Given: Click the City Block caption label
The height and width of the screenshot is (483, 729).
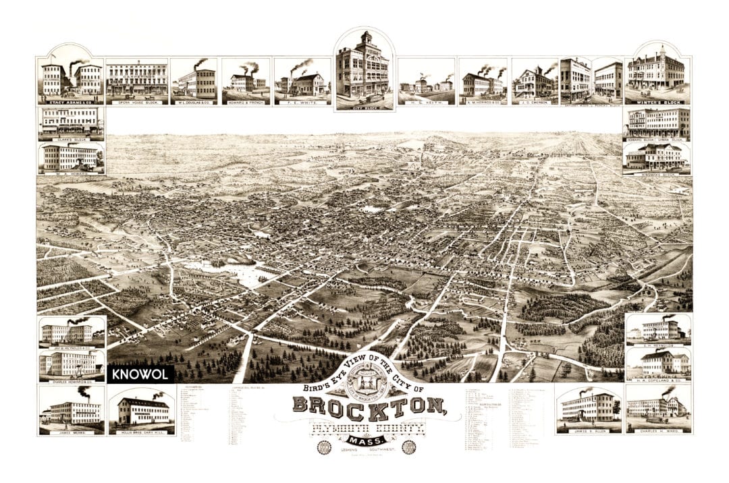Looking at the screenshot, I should pyautogui.click(x=365, y=106).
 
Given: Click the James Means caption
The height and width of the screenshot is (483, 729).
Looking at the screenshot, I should pyautogui.click(x=71, y=430).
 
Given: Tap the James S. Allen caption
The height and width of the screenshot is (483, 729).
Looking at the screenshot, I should pyautogui.click(x=586, y=430).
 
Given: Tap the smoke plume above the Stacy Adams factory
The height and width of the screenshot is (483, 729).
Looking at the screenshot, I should pyautogui.click(x=78, y=63).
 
